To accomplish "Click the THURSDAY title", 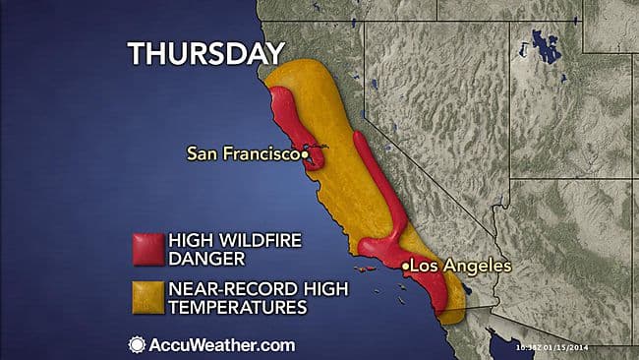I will coord(205,52).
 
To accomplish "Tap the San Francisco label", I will coord(244,153).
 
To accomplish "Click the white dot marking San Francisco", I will coord(306,154).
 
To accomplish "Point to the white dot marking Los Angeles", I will coord(405,267).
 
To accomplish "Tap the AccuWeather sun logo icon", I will coord(137,345).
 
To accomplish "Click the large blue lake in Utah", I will coord(540,45).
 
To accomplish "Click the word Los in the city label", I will coord(425,266).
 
